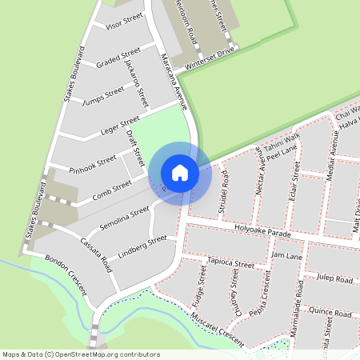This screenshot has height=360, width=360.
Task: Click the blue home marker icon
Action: point(180,172)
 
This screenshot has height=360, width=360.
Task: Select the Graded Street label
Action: point(118,59)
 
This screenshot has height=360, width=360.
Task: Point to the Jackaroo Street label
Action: point(137,83)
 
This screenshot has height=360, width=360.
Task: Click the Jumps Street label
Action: point(104,95)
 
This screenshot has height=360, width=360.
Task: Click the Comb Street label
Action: point(111,190)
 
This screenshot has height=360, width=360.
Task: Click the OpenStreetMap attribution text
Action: point(80,354)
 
